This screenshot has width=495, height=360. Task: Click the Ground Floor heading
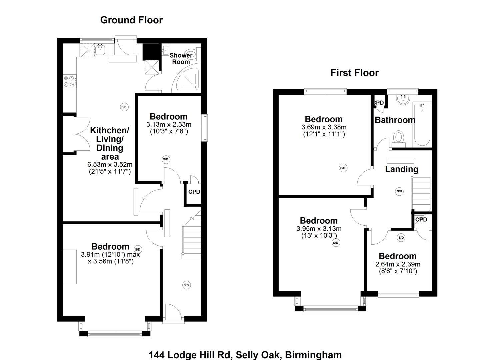(x=131, y=20)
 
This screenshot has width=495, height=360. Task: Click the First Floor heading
(x=354, y=73)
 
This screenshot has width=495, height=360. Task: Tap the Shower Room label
(x=181, y=58)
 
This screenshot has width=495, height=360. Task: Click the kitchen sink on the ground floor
(x=100, y=50)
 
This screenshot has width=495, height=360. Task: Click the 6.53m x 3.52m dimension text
(x=110, y=164)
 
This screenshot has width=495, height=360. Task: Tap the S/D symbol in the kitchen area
(x=124, y=107)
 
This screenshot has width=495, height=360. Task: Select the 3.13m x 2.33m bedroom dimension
(x=169, y=124)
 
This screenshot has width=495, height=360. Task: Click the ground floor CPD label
(x=194, y=192)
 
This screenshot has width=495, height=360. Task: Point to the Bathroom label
(x=395, y=120)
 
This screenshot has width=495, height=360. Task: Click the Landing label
(x=401, y=169)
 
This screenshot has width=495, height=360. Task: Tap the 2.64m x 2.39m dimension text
(x=398, y=264)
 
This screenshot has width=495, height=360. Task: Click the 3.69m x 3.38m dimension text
(x=324, y=127)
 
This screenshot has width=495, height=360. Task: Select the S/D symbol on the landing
(x=399, y=191)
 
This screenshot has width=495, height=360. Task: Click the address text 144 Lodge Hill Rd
(x=190, y=355)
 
